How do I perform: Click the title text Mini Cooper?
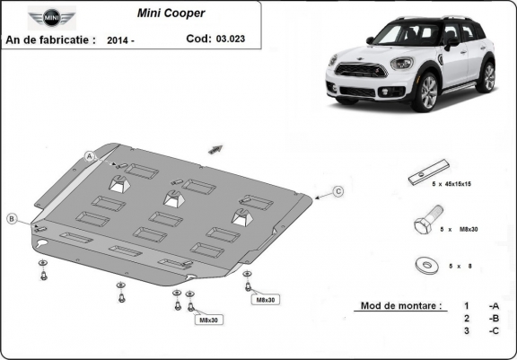pyautogui.click(x=170, y=13)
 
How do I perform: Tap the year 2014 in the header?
pyautogui.click(x=119, y=40)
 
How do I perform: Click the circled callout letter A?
pyautogui.click(x=90, y=156)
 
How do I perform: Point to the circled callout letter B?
pyautogui.click(x=12, y=218)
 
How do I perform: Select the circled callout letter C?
pyautogui.click(x=338, y=191)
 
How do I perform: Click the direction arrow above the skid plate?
pyautogui.click(x=215, y=147)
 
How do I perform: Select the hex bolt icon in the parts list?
pyautogui.click(x=425, y=222)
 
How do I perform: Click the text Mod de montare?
pyautogui.click(x=400, y=305)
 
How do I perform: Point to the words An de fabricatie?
pyautogui.click(x=50, y=40)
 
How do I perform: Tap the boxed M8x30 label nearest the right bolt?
pyautogui.click(x=265, y=298)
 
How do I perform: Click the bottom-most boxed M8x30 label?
pyautogui.click(x=207, y=319)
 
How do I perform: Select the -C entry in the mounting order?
pyautogui.click(x=493, y=330)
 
